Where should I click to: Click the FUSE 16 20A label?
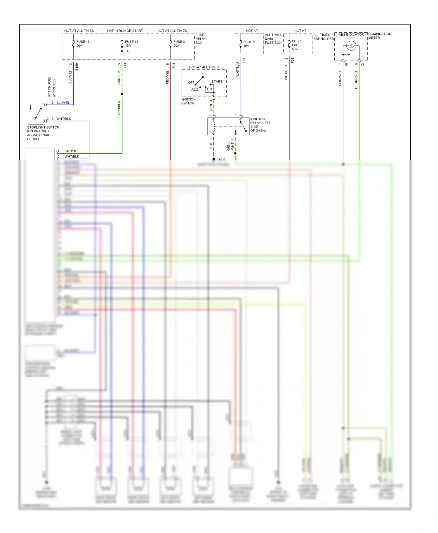coord(83,44)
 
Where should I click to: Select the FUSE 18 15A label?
coord(131,44)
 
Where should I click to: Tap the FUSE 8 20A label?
coord(179,44)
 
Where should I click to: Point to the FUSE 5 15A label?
coord(248,44)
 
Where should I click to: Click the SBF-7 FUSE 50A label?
coord(296,45)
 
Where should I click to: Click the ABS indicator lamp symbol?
coord(351,46)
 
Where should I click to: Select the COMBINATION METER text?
coord(379,36)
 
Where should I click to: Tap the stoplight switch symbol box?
coord(36,113)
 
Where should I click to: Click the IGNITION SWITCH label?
coord(188,101)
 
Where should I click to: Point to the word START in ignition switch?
coord(217,82)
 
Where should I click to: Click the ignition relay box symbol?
coord(228,127)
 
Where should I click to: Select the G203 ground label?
coord(221,159)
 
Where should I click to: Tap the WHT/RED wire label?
coord(286,73)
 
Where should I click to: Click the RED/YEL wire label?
coord(167,77)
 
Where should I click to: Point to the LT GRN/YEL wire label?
coord(356,80)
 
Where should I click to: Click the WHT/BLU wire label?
coord(238,70)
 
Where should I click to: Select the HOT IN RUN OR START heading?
coord(125,31)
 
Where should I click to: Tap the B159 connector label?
coord(77,67)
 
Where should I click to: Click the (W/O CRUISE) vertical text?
coord(49,87)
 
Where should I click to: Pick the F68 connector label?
coord(244,61)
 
